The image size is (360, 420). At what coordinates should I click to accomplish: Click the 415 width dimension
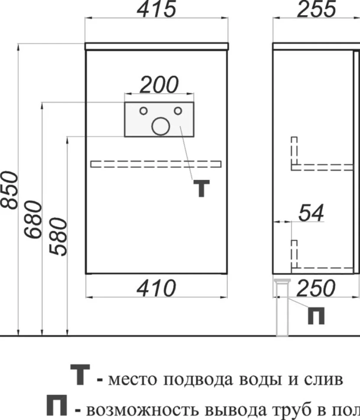(x=156, y=9)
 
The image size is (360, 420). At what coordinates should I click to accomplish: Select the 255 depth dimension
(x=316, y=9)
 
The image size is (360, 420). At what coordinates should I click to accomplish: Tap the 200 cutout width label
(x=159, y=84)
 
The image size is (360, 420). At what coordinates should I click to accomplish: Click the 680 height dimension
(x=33, y=220)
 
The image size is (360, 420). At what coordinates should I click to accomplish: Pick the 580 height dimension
(x=58, y=236)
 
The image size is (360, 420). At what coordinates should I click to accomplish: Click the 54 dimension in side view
(x=311, y=213)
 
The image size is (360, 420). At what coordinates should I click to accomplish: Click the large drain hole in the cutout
(x=161, y=126)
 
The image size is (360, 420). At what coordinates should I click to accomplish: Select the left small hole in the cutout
(x=143, y=110)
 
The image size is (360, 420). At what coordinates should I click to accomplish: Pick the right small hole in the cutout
(x=178, y=110)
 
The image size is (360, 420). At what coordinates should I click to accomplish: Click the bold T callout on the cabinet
(x=201, y=189)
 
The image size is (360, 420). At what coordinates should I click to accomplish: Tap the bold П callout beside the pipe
(x=316, y=316)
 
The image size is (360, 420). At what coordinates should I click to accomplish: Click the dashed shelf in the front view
(x=156, y=164)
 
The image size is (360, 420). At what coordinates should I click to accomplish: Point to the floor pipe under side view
(x=282, y=307)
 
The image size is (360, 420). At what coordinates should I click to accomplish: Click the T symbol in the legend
(x=80, y=375)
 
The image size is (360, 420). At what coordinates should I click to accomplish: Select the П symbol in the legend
(x=57, y=405)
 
